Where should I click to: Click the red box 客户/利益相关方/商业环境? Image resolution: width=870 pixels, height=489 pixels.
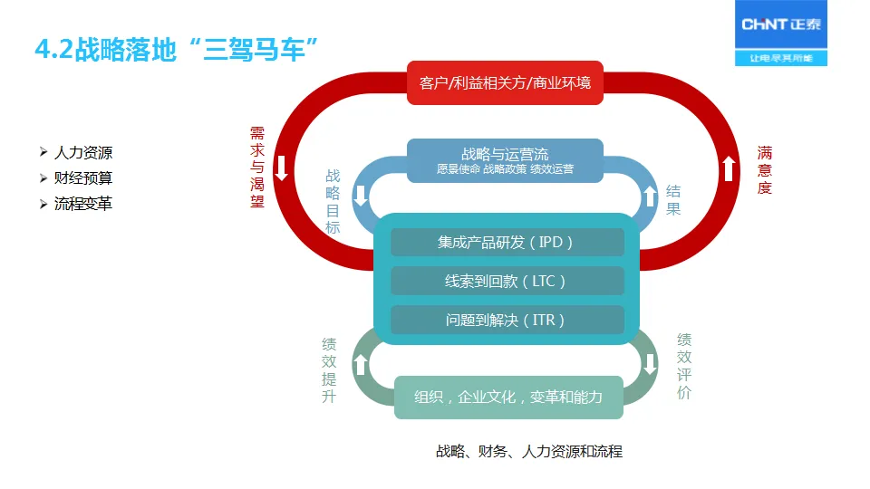(505, 82)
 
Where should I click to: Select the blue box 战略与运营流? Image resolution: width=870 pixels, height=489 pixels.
(505, 160)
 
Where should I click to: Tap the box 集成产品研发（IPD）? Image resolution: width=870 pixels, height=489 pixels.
(507, 243)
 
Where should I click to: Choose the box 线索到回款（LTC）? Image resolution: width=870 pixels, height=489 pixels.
(507, 281)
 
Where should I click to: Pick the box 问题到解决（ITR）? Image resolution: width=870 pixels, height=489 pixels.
(507, 320)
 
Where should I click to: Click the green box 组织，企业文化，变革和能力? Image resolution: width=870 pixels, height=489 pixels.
(508, 397)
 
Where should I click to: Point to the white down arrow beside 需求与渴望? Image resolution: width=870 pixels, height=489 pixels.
(281, 168)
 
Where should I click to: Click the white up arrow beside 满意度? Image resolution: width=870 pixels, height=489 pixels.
(728, 168)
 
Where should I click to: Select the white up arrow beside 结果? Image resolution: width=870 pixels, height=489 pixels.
(649, 195)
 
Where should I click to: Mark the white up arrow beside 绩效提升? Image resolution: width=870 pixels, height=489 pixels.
(361, 364)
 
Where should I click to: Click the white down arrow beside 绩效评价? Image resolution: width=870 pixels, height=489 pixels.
(650, 364)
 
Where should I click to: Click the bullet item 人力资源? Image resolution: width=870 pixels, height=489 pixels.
(82, 153)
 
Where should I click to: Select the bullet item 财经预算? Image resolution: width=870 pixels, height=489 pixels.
(82, 178)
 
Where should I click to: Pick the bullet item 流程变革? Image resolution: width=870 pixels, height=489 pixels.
(82, 204)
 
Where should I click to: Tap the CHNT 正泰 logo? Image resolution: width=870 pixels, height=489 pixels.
(780, 34)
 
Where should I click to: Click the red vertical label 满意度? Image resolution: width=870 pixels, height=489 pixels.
(766, 170)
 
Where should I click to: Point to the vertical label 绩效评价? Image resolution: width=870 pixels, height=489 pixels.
(684, 366)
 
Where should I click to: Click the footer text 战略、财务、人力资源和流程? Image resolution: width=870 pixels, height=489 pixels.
(529, 451)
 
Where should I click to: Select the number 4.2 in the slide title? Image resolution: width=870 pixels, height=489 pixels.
(53, 49)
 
